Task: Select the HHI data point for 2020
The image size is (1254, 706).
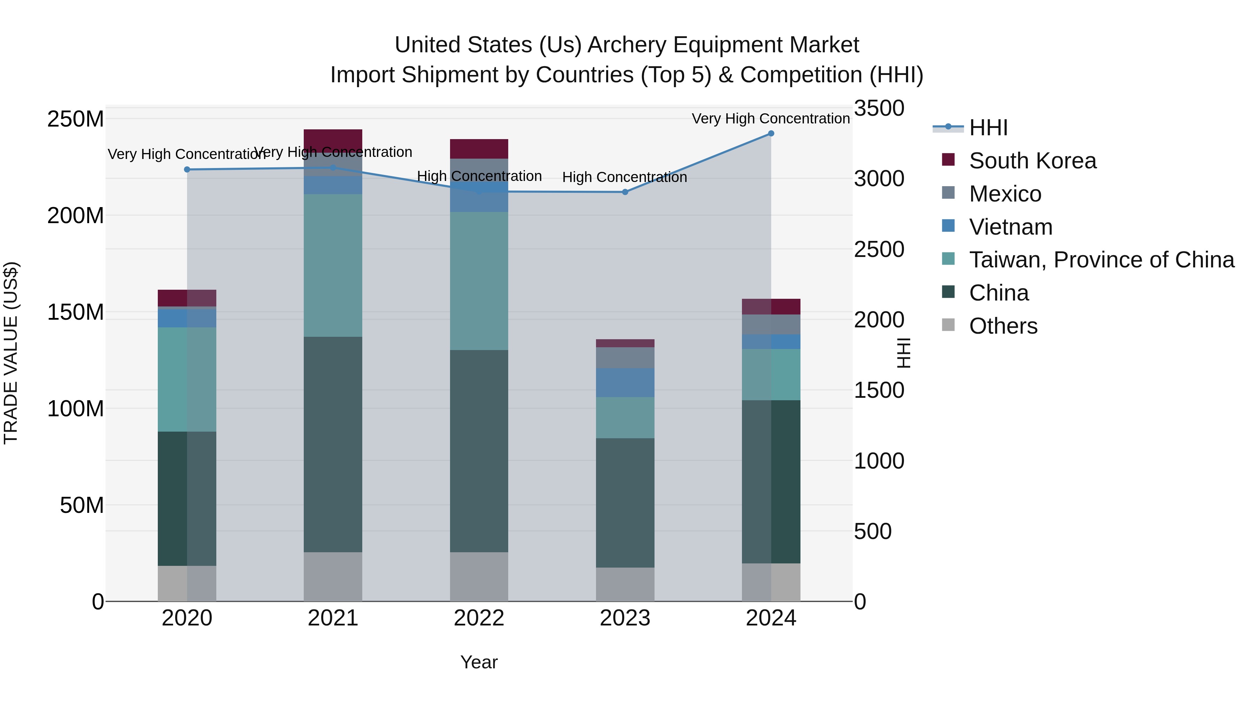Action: coord(187,169)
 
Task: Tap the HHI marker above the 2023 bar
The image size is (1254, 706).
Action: coord(625,192)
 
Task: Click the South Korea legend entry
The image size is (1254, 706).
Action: coord(1032,161)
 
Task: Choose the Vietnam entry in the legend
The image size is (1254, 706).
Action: coord(1010,227)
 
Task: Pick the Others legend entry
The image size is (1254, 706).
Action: coord(1003,326)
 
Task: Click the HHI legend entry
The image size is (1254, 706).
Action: coord(988,128)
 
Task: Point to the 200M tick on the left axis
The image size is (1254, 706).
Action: coord(76,215)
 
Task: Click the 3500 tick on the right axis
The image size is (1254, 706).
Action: coord(879,108)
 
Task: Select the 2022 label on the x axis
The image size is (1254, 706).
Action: coord(479,618)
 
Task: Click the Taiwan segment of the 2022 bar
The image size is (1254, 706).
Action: coord(479,280)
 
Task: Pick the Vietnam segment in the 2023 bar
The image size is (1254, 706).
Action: coord(625,382)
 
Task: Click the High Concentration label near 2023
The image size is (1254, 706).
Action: coord(625,177)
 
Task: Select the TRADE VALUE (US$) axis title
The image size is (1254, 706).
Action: coord(11,353)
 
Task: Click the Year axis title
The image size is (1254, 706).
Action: coord(479,662)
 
